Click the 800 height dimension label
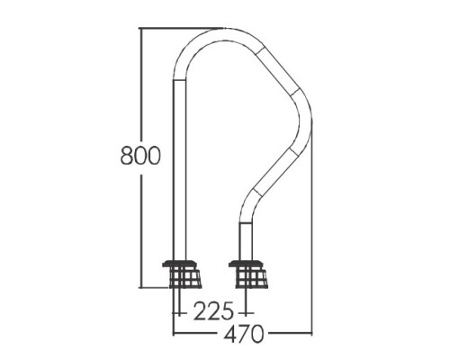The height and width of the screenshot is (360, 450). pyautogui.click(x=140, y=156)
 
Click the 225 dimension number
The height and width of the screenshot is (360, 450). pyautogui.click(x=213, y=310)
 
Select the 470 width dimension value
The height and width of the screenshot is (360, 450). pyautogui.click(x=244, y=333)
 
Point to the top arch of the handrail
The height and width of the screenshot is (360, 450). pyautogui.click(x=224, y=33)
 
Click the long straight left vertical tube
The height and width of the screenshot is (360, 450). pyautogui.click(x=179, y=170)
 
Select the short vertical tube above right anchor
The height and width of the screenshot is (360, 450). pyautogui.click(x=246, y=242)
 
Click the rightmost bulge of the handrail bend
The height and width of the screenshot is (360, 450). pyautogui.click(x=306, y=120)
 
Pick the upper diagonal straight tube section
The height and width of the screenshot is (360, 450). pyautogui.click(x=278, y=71)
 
